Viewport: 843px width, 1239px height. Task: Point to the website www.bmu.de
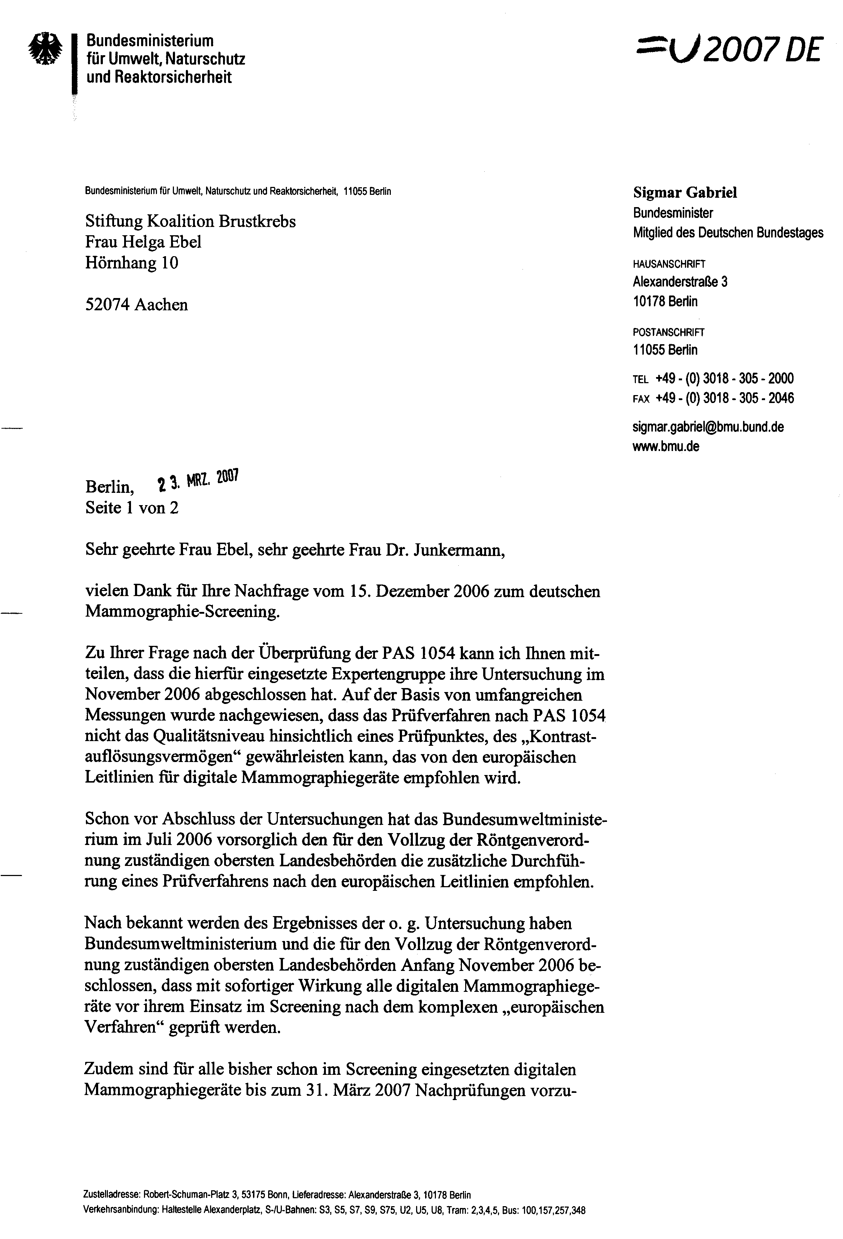[665, 446]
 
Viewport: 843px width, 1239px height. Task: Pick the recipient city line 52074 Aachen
[136, 305]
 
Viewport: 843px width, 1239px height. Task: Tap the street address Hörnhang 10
[132, 263]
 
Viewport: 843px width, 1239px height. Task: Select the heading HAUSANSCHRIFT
[669, 264]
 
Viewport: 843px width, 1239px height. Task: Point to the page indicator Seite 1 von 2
[132, 508]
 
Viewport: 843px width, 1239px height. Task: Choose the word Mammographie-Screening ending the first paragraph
[182, 612]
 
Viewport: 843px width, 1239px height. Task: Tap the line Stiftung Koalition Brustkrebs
[190, 221]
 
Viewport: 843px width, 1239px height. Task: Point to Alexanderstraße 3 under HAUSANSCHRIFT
[680, 281]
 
